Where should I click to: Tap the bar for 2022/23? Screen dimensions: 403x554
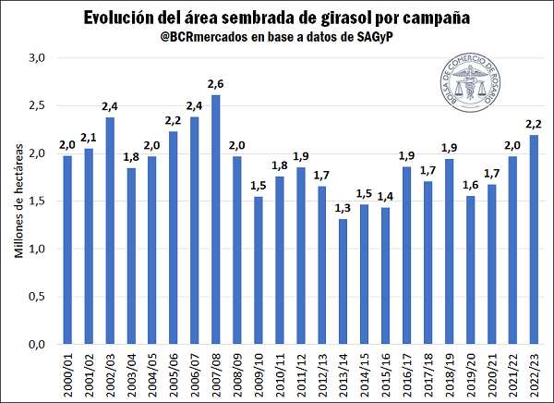click(534, 239)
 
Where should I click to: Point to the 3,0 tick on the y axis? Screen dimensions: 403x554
click(36, 58)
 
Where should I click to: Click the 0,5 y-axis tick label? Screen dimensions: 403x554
click(36, 297)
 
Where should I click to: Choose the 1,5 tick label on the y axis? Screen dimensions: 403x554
click(36, 201)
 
